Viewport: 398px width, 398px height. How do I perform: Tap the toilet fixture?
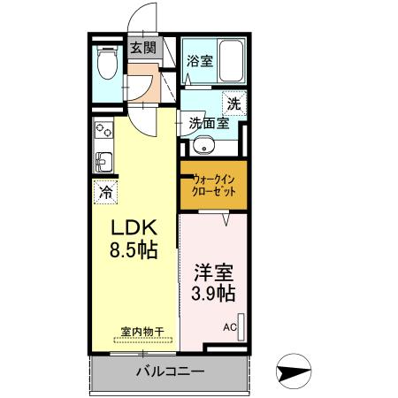[x=107, y=63]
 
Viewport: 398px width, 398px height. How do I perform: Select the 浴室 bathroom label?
[x=199, y=61]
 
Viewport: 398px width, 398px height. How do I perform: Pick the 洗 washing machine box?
[x=233, y=103]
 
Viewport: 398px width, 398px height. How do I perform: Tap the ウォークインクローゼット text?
[x=212, y=184]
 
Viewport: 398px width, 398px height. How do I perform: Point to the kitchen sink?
[x=103, y=162]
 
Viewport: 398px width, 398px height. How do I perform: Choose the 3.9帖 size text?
[x=213, y=293]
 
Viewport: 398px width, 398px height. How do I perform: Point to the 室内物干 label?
[x=142, y=332]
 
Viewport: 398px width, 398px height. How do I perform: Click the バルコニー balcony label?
[x=170, y=371]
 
